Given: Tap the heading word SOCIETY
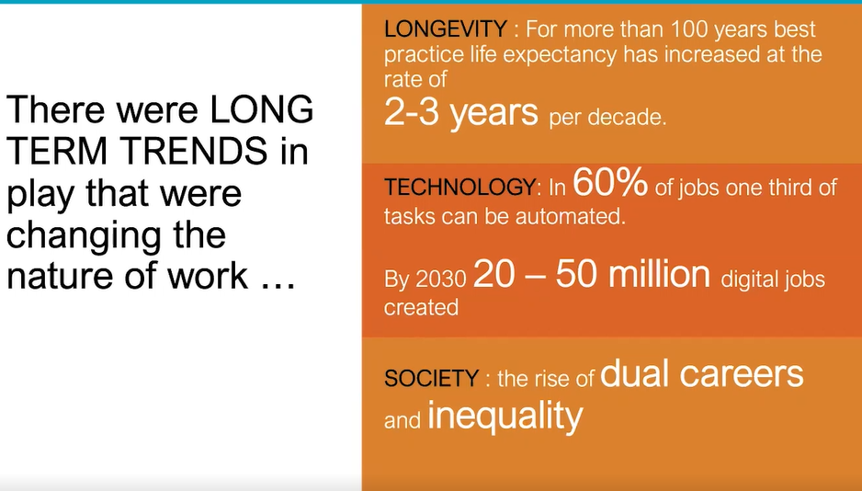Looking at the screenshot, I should click(x=431, y=378).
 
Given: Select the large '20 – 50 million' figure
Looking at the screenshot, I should click(x=592, y=275).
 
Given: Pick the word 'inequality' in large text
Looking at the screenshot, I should click(x=505, y=416).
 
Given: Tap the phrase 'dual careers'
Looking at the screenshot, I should click(x=702, y=373).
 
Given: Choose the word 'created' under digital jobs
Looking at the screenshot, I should click(x=421, y=307).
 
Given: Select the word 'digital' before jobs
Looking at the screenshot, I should click(x=754, y=279).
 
